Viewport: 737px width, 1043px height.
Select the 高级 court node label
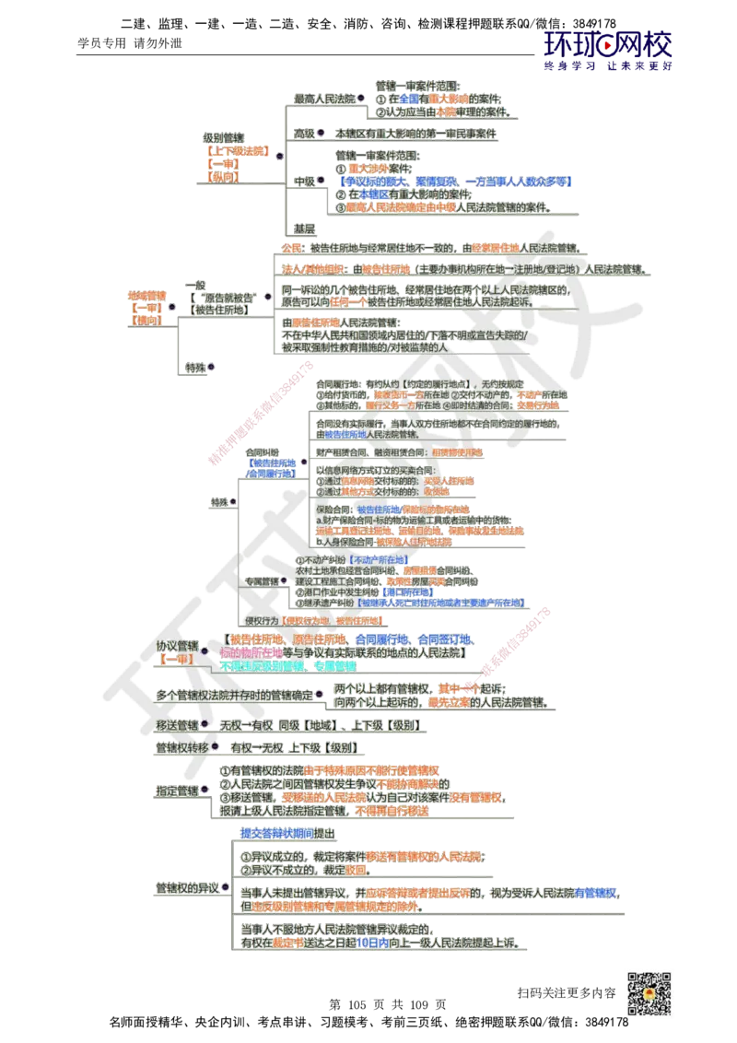[x=305, y=134]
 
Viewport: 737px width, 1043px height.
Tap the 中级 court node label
[x=305, y=182]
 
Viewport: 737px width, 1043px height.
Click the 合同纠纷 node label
[x=262, y=452]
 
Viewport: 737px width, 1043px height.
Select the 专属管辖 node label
[x=262, y=580]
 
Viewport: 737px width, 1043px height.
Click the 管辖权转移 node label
[x=181, y=747]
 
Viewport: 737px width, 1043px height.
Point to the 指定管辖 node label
[x=175, y=790]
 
